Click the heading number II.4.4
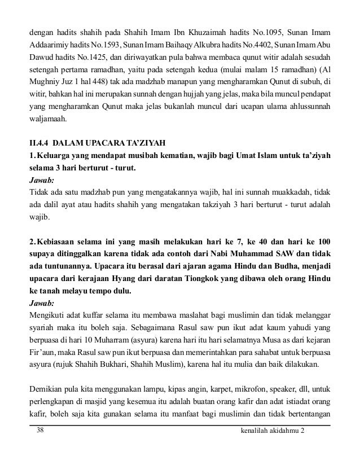point(41,142)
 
